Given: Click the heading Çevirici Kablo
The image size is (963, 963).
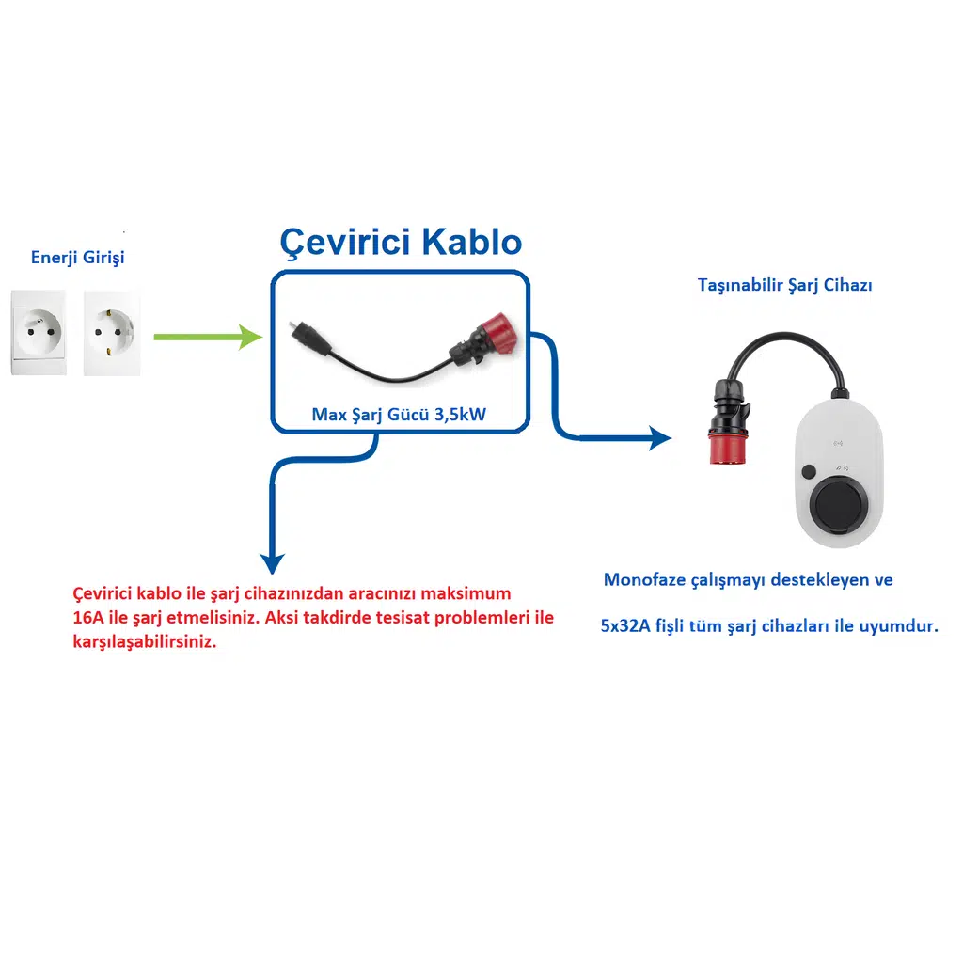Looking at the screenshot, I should click(401, 243).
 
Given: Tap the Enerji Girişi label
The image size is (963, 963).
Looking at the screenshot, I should click(77, 257).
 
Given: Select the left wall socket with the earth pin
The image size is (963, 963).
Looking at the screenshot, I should click(39, 332).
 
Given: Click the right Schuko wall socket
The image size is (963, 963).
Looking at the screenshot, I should click(111, 332).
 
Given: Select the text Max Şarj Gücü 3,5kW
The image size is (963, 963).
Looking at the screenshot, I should click(399, 414).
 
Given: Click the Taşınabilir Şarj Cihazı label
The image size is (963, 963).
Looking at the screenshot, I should click(784, 284).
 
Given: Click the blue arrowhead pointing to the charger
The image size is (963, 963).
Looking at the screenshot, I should click(660, 437).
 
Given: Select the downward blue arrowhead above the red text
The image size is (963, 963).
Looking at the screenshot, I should click(272, 562).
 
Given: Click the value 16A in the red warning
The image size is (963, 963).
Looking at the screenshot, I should click(88, 619).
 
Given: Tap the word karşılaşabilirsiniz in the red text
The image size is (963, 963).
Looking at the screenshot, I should click(144, 644).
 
